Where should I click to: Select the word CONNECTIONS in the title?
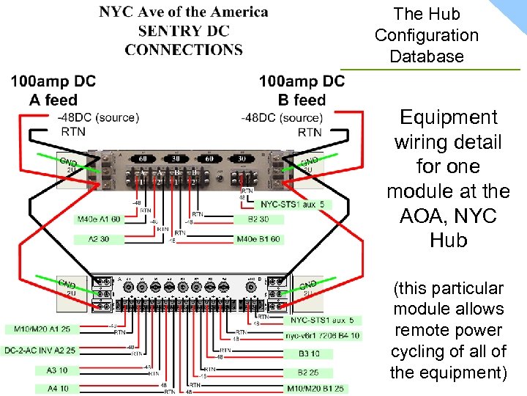pyautogui.click(x=184, y=50)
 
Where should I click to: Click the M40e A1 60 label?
pyautogui.click(x=99, y=219)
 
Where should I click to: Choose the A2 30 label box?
pyautogui.click(x=99, y=239)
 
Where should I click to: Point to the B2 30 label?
pyautogui.click(x=258, y=219)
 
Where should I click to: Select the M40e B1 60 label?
pyautogui.click(x=258, y=239)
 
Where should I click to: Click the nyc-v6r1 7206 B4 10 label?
pyautogui.click(x=323, y=336)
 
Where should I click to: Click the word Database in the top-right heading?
pyautogui.click(x=427, y=56)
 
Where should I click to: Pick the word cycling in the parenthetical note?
pyautogui.click(x=420, y=351)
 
